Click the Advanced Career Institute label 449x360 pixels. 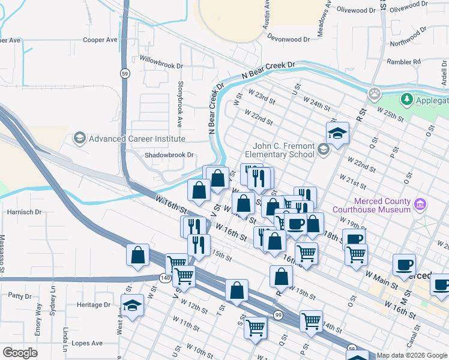[137, 139]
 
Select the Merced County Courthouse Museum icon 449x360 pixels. [420, 205]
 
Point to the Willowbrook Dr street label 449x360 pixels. [160, 60]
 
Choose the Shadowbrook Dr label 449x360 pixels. [169, 155]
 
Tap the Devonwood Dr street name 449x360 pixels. [288, 38]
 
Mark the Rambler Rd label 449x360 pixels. [403, 62]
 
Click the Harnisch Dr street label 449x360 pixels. [24, 212]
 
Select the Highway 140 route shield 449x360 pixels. [164, 278]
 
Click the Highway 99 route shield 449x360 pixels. [278, 315]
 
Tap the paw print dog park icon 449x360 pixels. [375, 94]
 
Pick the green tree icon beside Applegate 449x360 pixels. [406, 98]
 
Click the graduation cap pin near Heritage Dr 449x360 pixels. [133, 304]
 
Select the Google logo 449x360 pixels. [20, 353]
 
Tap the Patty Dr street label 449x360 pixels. [20, 296]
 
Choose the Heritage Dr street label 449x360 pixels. [94, 305]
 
